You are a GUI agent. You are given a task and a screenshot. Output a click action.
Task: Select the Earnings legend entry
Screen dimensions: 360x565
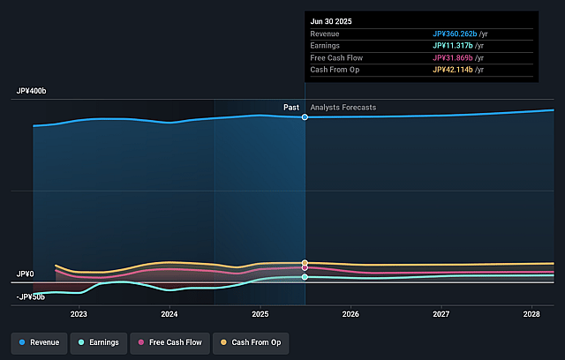[x=97, y=342]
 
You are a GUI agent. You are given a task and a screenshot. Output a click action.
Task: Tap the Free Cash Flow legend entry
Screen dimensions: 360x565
[x=169, y=342]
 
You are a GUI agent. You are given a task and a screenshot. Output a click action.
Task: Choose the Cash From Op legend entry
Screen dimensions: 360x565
[x=252, y=342]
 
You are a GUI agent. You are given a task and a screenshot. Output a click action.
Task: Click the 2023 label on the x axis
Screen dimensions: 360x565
[x=79, y=313]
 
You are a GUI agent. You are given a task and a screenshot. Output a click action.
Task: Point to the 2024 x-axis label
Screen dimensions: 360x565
[x=169, y=313]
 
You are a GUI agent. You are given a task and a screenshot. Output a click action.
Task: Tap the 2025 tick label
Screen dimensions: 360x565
[x=260, y=313]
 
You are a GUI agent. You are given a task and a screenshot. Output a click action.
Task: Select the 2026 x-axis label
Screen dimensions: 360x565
[x=350, y=313]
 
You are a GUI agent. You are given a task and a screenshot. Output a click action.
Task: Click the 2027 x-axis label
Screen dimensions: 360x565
[x=441, y=313]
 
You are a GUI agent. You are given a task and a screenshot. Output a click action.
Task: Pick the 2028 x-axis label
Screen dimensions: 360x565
[x=531, y=313]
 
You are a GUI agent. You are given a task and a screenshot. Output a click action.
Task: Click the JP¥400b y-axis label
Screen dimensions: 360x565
[x=31, y=92]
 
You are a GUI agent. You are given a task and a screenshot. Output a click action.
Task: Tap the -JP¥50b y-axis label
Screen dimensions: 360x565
[x=29, y=296]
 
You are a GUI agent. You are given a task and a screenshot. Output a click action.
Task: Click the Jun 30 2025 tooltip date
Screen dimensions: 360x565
[x=332, y=21]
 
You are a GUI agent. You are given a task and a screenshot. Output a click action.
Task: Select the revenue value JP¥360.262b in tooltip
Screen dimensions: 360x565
[x=456, y=34]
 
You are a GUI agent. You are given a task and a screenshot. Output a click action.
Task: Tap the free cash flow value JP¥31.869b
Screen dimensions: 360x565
[x=454, y=57]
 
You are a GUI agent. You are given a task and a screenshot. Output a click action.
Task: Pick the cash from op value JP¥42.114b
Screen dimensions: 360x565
[x=454, y=70]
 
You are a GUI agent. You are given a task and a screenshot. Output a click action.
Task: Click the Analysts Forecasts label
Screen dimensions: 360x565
[x=343, y=108]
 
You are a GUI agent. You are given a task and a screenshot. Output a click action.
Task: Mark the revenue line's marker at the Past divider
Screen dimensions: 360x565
[x=305, y=116]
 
